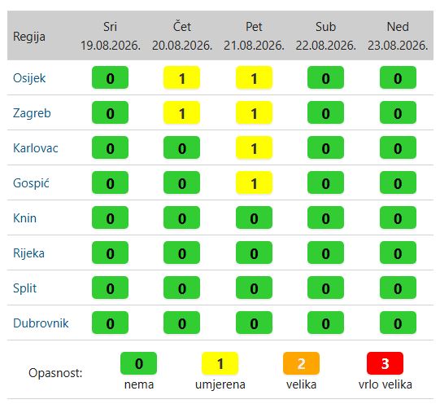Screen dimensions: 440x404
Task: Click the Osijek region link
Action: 29,78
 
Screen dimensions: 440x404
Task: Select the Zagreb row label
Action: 32,113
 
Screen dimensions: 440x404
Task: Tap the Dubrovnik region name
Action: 41,323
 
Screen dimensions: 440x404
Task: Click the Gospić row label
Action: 31,183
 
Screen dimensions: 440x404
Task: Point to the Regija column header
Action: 29,37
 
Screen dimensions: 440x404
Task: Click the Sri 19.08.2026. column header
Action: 111,36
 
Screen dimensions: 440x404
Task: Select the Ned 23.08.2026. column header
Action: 398,36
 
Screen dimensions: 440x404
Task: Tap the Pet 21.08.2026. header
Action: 254,36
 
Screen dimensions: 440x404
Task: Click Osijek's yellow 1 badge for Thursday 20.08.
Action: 182,77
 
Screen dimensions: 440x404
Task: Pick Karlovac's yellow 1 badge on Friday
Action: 254,147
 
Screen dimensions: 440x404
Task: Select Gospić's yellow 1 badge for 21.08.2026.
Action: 254,182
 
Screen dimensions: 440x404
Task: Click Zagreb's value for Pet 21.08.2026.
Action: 254,112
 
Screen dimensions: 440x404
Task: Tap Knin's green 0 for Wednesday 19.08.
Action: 111,217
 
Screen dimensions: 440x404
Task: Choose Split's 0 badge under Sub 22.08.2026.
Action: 325,288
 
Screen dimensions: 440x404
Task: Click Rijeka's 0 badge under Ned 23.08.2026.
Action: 398,253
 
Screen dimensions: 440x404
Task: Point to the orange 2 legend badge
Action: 301,363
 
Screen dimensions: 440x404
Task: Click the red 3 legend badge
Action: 385,363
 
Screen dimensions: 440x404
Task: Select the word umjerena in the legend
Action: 220,384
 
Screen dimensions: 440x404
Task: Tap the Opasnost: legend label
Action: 55,373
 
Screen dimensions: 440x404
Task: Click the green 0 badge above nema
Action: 138,363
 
